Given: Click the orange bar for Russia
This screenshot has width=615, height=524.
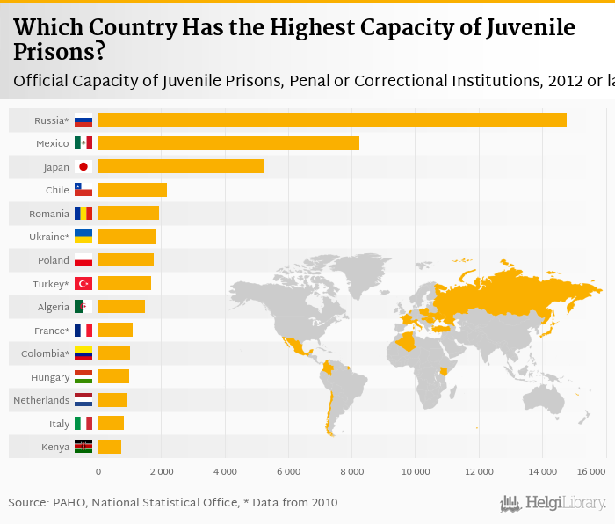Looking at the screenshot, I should pyautogui.click(x=332, y=120).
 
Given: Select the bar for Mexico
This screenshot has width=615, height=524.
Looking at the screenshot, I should pyautogui.click(x=228, y=143).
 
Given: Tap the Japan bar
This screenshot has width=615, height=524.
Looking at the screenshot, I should pyautogui.click(x=181, y=166).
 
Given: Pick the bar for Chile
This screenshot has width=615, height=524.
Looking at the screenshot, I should pyautogui.click(x=132, y=190).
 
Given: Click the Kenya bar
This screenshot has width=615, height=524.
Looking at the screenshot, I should pyautogui.click(x=110, y=447).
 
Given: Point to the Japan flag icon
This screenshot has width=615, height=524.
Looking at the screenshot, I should pyautogui.click(x=83, y=166).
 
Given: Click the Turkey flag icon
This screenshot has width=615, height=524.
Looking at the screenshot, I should pyautogui.click(x=83, y=283).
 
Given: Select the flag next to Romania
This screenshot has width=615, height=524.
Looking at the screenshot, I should pyautogui.click(x=83, y=213).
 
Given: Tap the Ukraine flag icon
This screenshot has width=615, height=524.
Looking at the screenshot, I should pyautogui.click(x=83, y=237).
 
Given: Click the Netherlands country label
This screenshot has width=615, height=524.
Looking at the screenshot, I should pyautogui.click(x=41, y=400).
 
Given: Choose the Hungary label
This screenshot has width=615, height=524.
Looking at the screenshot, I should pyautogui.click(x=49, y=377).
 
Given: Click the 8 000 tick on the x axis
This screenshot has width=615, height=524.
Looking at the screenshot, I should pyautogui.click(x=352, y=472).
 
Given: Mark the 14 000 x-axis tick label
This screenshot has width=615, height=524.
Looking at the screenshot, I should pyautogui.click(x=542, y=472).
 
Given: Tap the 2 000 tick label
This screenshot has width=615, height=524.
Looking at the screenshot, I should pyautogui.click(x=162, y=472).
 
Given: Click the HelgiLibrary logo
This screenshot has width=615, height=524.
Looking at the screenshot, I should pyautogui.click(x=553, y=504).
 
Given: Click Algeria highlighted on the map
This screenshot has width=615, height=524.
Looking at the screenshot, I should pyautogui.click(x=407, y=341).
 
